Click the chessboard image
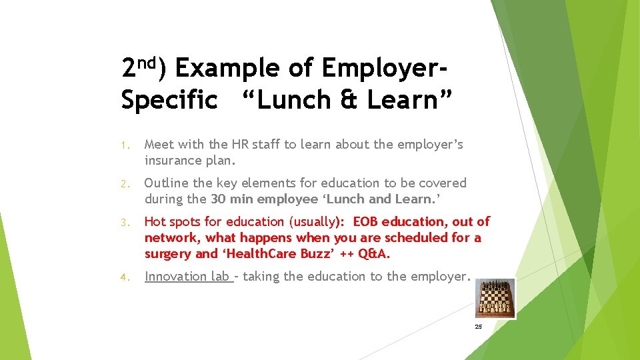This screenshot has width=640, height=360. pos(495,298)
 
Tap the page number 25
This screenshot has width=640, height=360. pos(478,327)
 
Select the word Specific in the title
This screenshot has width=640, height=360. pos(169,100)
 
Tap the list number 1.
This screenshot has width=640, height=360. pos(125,145)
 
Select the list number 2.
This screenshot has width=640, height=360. pos(125,184)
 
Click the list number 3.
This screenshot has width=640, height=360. pos(125,223)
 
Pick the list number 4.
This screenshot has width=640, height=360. pos(125,277)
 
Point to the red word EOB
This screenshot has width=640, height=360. pos(367,221)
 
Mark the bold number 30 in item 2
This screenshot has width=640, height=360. pos(219,199)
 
